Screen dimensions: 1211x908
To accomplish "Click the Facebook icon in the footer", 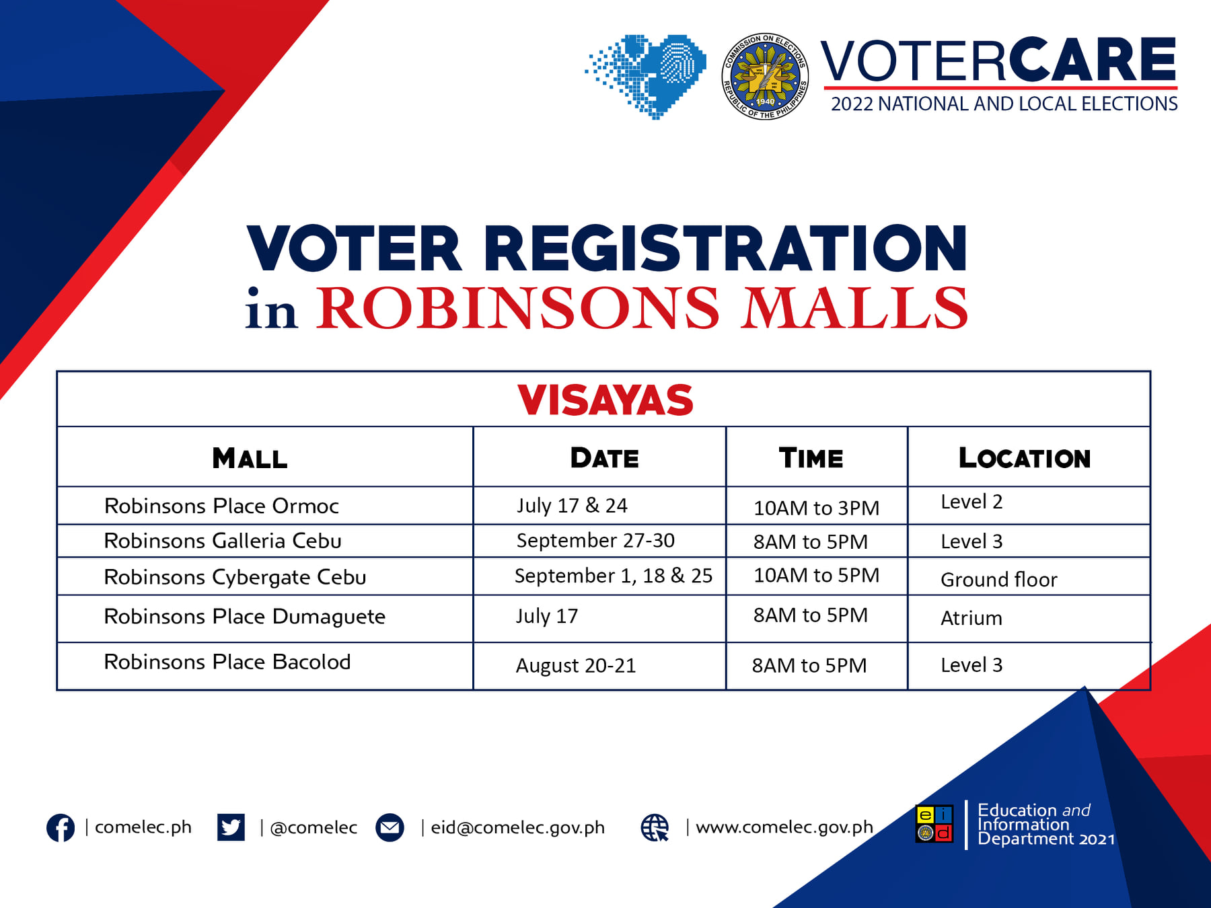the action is coord(61,827).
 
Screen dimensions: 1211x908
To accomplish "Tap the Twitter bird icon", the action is coord(231,827).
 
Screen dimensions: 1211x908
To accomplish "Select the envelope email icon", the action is coord(390,827).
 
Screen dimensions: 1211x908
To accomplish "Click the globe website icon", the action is coord(655,827).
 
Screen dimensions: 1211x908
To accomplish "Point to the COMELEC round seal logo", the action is coord(765,77).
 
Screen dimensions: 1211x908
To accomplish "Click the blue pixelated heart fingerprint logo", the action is coord(646,77).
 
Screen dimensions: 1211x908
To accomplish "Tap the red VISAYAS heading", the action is coord(605,400).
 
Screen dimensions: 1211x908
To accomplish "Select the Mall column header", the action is coord(250,458).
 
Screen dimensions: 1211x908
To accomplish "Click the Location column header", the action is coord(1025,458).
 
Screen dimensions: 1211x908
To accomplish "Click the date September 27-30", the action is coord(595,540).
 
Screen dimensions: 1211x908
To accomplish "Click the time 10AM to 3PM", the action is coord(816,508).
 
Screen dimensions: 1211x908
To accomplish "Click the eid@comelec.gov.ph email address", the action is coord(517,827).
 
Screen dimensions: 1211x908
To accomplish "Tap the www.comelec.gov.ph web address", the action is coord(784,827).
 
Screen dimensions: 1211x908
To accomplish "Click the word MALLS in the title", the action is coord(854,308).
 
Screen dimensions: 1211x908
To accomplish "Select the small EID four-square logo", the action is coord(934,824).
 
